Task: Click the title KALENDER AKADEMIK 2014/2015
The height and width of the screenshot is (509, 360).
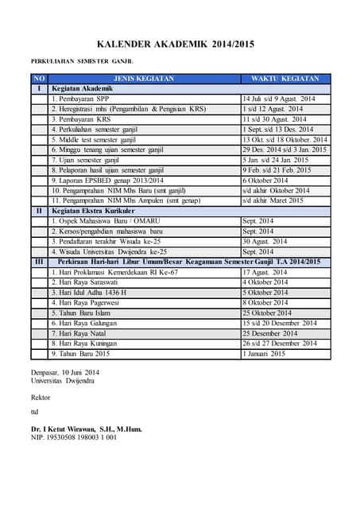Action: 180,45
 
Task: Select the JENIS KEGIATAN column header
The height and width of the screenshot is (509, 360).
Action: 145,79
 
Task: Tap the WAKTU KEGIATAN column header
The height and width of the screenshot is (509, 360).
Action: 285,79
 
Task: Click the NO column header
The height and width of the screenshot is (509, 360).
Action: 39,79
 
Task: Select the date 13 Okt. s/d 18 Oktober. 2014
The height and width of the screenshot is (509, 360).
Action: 285,139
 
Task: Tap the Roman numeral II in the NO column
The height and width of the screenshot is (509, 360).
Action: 39,211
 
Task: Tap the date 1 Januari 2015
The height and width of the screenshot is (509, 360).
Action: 264,354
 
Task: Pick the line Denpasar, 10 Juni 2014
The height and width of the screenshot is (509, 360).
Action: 65,372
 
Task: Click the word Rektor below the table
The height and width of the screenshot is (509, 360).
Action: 41,397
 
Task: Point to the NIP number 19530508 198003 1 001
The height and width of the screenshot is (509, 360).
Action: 74,437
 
